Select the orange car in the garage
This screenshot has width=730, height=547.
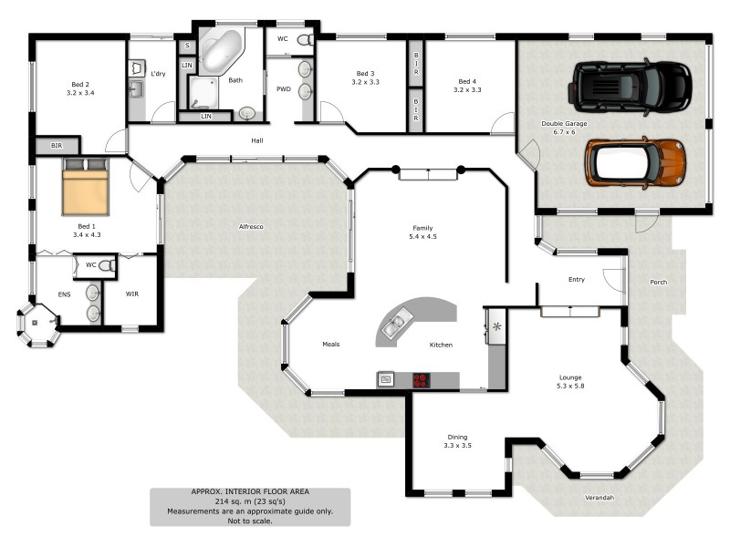click(x=635, y=161)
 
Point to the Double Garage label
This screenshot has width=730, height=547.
click(x=564, y=127)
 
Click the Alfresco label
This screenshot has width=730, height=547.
click(x=251, y=226)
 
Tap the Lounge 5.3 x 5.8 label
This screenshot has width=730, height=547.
click(x=571, y=382)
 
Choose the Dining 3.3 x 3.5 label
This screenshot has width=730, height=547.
click(x=457, y=441)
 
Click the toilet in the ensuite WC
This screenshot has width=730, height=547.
click(x=108, y=265)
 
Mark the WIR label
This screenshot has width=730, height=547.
click(x=131, y=294)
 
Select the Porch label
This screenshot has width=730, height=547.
click(x=658, y=283)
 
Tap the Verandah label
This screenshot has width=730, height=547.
click(x=599, y=498)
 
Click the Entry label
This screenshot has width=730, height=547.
click(x=576, y=280)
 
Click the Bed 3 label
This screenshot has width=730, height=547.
click(x=365, y=77)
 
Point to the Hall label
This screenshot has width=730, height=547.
click(x=258, y=140)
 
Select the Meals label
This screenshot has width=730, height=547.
click(x=330, y=345)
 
